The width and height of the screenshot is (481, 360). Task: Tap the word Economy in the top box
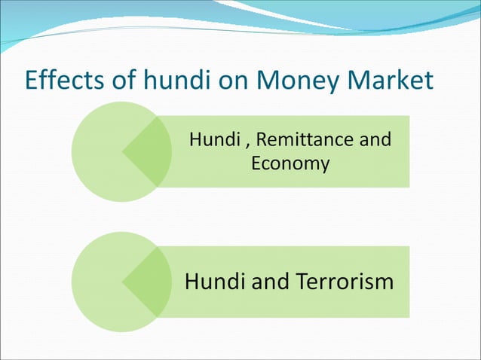290,163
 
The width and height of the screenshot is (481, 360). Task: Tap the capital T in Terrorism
302,282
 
